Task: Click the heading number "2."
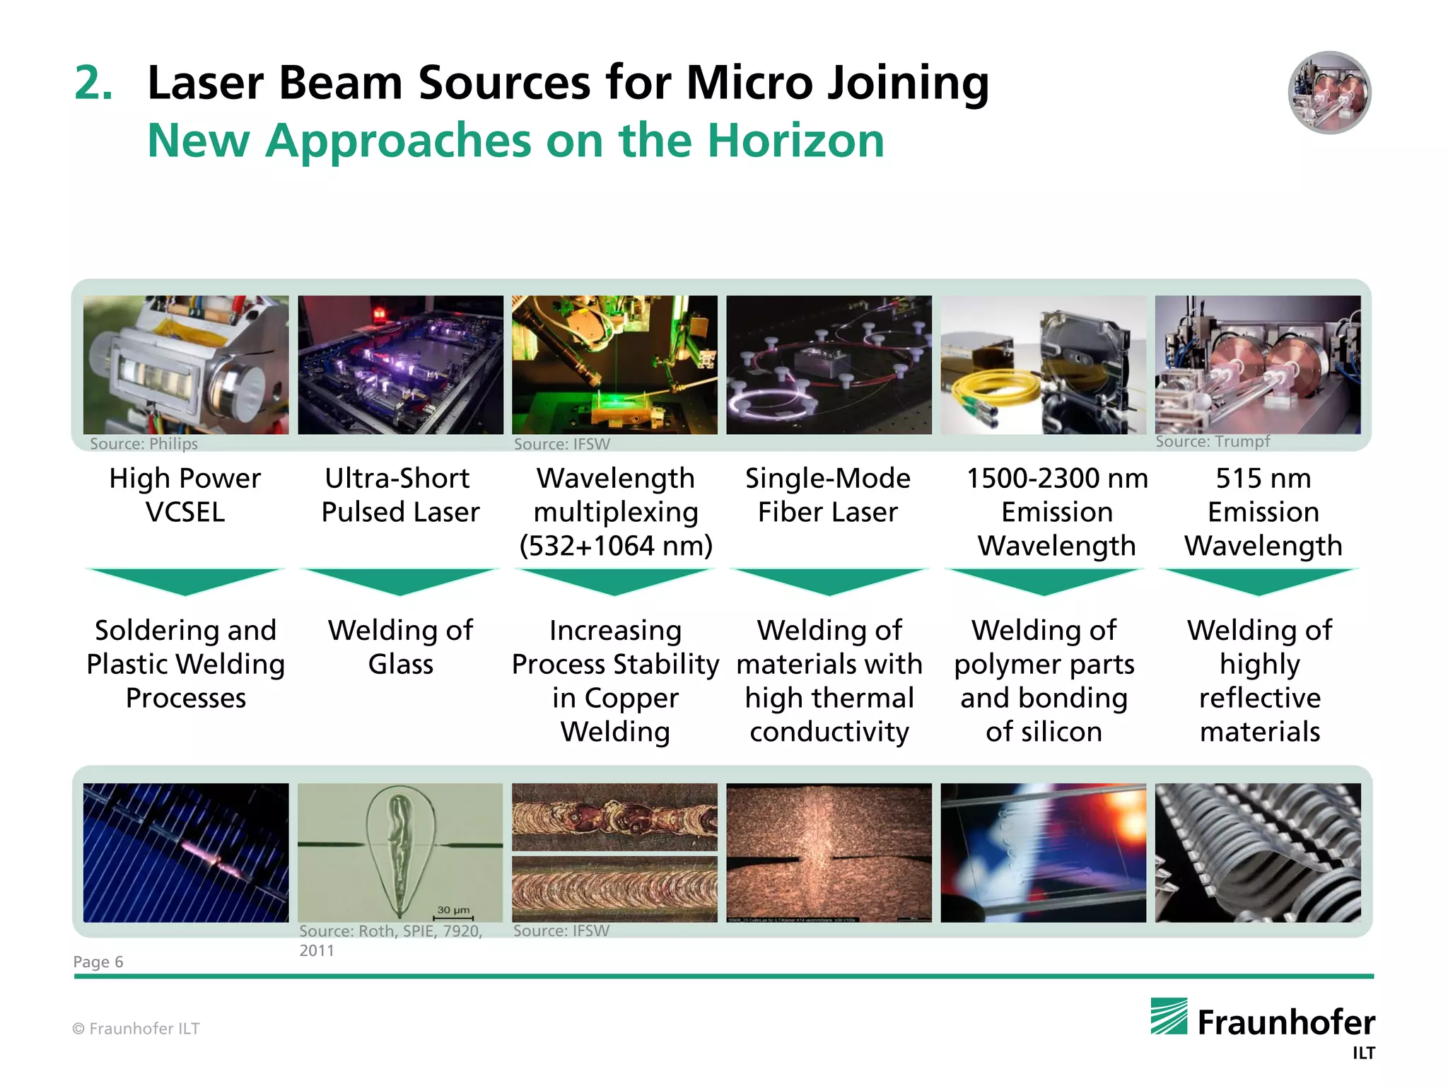93,83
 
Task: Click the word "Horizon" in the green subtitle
795,141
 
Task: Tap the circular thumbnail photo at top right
1329,93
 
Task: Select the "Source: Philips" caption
144,444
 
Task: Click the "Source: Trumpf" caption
1213,442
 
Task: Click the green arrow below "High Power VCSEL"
185,580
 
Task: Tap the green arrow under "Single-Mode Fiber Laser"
829,580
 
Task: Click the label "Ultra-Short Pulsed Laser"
400,495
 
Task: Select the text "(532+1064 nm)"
615,546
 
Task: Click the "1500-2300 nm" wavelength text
1056,479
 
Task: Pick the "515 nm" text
1263,479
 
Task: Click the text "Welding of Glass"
400,647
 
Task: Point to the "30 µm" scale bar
453,913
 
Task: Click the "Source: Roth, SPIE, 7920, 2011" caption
390,940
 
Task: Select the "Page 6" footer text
98,962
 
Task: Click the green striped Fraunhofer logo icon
1169,1016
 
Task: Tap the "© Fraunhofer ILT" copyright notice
136,1029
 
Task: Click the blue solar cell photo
186,852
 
